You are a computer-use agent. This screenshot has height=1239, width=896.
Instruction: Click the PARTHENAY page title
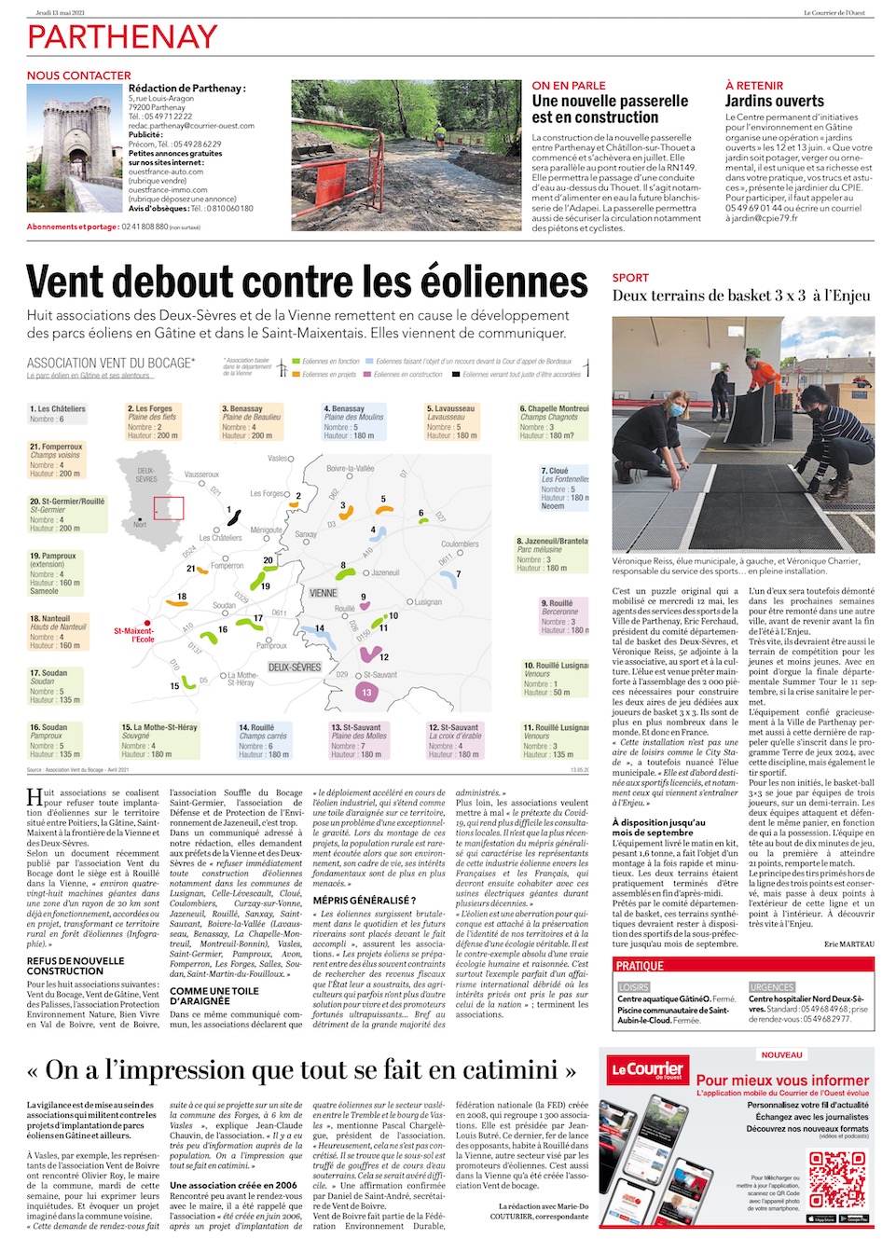click(x=122, y=37)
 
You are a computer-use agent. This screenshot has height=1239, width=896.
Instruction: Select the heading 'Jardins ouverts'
click(x=774, y=101)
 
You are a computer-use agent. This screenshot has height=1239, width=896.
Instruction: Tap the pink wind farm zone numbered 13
click(x=366, y=692)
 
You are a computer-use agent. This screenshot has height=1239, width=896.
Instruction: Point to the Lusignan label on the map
click(x=427, y=602)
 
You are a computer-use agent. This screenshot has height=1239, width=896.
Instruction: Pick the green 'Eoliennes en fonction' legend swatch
click(x=296, y=361)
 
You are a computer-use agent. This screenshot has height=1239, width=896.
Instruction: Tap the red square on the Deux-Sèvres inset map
click(x=169, y=508)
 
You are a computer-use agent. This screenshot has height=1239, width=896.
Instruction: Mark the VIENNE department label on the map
click(x=323, y=593)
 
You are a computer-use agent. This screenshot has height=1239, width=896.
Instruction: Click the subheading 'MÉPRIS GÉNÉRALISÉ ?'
click(x=364, y=900)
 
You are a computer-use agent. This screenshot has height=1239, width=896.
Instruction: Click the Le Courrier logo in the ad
click(x=647, y=1069)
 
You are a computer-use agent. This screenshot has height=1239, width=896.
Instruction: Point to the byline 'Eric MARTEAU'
click(x=849, y=944)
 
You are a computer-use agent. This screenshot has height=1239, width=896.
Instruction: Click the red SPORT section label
click(x=630, y=278)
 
